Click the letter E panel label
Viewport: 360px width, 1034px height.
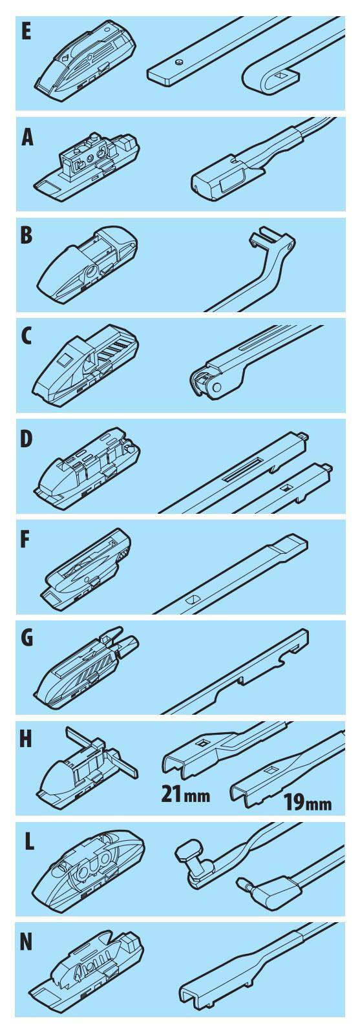tap(26, 32)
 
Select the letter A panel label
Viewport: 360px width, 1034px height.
tap(27, 137)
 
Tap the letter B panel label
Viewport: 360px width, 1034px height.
tap(26, 235)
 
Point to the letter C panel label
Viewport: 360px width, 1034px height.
tap(26, 337)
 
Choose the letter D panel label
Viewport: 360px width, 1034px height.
tap(26, 439)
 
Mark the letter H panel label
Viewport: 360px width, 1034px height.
tap(26, 739)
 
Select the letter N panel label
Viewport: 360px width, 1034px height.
tap(26, 942)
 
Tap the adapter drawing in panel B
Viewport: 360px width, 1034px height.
tap(87, 264)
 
